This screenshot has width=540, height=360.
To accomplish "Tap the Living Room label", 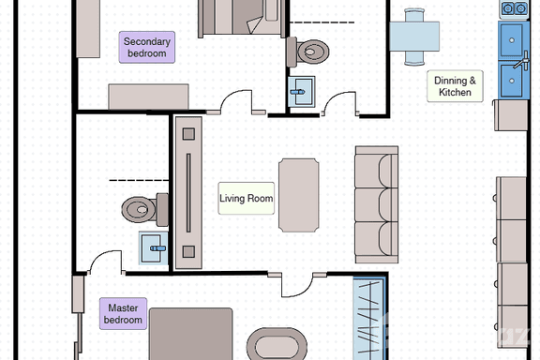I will (246, 199).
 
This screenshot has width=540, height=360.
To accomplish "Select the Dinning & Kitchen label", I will (457, 87).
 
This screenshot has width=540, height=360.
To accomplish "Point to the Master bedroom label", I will (124, 313).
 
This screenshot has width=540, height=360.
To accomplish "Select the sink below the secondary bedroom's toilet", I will (302, 90).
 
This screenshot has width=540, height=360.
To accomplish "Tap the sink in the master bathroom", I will (154, 247).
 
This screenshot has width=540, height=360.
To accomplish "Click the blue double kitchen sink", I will (512, 55).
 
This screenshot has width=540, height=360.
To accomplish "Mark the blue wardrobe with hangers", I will (368, 318).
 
